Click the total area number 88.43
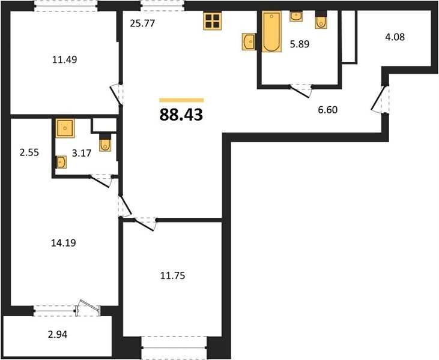[181, 115]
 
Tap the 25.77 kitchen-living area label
[142, 23]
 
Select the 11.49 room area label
[65, 59]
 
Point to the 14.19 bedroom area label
[64, 243]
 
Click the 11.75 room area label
[173, 276]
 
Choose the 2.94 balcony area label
[58, 334]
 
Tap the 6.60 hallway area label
[327, 110]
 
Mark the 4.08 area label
[395, 37]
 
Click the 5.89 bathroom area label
[300, 44]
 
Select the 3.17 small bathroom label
[82, 153]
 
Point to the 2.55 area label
[29, 152]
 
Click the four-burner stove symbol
[213, 21]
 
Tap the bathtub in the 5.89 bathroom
[271, 32]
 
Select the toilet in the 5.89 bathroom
[321, 20]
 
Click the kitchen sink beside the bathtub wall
[249, 41]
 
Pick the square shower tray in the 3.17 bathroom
[65, 128]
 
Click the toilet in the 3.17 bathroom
[105, 143]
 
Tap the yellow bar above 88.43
[181, 100]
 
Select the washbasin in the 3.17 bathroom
[61, 162]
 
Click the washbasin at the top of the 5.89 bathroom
[296, 16]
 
